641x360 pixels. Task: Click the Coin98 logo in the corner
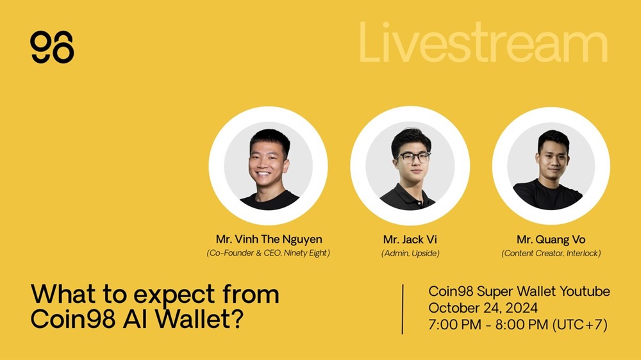[52, 47]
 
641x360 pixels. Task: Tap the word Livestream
[483, 43]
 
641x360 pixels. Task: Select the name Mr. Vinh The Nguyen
[269, 239]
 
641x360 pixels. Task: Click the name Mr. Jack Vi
[410, 239]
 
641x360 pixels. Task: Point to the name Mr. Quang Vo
[551, 240]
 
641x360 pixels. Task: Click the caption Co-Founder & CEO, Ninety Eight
[268, 253]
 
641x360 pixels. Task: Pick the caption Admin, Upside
[410, 254]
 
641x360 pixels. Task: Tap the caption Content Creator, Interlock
[551, 254]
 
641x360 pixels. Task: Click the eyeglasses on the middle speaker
[413, 158]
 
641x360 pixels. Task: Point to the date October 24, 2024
[483, 308]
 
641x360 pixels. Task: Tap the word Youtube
[585, 291]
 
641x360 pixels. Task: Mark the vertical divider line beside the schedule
[403, 309]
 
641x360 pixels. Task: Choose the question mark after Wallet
[237, 319]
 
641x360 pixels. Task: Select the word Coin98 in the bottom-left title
[73, 319]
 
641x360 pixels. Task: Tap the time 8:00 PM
[522, 325]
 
